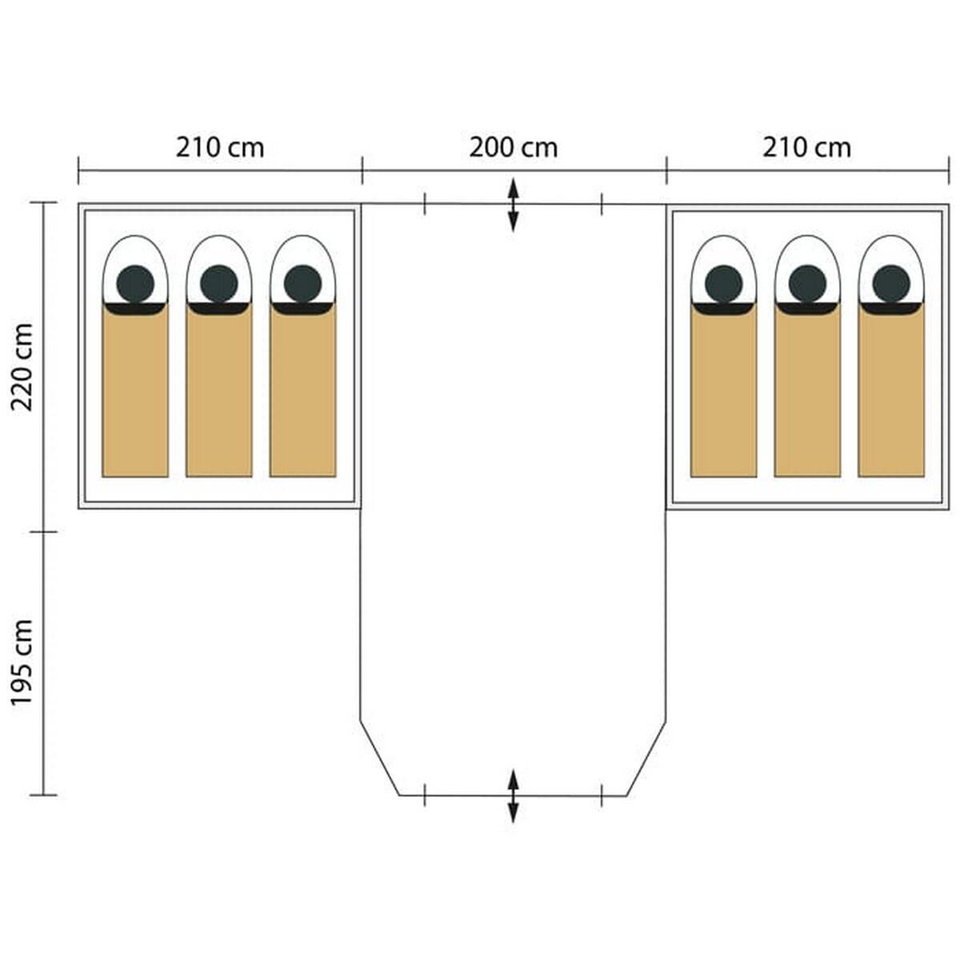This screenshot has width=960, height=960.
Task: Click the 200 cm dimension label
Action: [513, 148]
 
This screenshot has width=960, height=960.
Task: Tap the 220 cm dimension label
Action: [22, 366]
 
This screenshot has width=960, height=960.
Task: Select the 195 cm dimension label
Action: [22, 662]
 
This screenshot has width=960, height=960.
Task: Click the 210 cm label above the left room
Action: [220, 148]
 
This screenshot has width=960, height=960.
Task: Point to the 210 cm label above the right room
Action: [806, 148]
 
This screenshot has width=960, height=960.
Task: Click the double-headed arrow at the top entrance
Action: [513, 206]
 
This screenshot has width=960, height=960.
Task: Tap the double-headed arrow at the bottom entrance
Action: [513, 795]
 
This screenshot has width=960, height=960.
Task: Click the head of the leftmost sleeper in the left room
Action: [135, 283]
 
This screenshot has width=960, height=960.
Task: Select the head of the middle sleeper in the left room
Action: [218, 283]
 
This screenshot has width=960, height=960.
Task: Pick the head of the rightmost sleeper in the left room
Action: [302, 283]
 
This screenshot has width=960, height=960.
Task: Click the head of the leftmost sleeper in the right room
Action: [723, 283]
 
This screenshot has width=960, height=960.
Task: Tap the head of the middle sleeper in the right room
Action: [807, 283]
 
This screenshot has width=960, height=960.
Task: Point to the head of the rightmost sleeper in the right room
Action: [891, 283]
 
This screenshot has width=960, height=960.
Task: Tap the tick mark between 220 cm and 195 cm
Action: [43, 531]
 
